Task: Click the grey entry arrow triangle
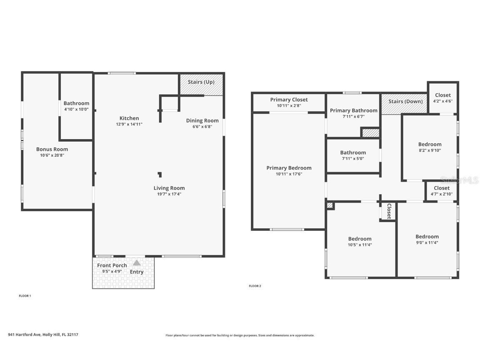click(137, 262)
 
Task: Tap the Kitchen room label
click(129, 118)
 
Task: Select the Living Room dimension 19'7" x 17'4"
click(169, 194)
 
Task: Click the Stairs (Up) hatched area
click(201, 85)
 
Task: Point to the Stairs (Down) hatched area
click(404, 105)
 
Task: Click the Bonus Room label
click(52, 150)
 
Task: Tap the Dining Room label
click(202, 120)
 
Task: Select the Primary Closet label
click(289, 100)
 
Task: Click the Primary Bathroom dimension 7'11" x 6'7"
click(354, 117)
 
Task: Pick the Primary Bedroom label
click(289, 168)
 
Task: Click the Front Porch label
click(112, 265)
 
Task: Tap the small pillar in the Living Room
click(160, 175)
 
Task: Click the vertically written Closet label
click(389, 211)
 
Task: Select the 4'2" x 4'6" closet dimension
click(443, 101)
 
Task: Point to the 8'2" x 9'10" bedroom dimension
click(430, 150)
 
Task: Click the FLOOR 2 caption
click(255, 286)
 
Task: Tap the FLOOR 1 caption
click(25, 296)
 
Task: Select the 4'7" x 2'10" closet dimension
click(442, 194)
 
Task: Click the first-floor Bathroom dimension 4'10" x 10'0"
click(76, 109)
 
